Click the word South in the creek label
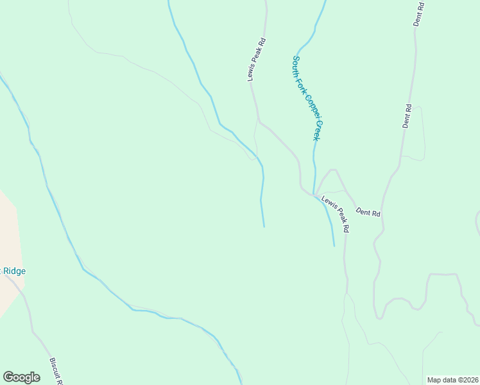(x=297, y=66)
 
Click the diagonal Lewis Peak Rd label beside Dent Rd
(x=336, y=214)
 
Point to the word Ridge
(x=14, y=271)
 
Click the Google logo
(x=21, y=377)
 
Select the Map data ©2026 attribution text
(x=453, y=380)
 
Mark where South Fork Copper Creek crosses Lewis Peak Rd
(x=314, y=194)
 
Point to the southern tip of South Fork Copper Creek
(x=334, y=246)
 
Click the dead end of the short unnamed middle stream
(x=264, y=227)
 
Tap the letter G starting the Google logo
(x=8, y=377)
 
